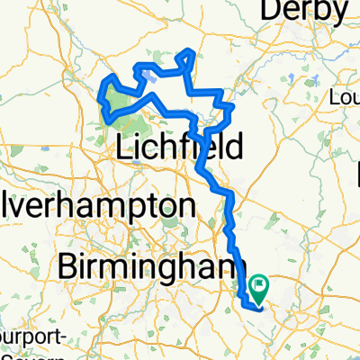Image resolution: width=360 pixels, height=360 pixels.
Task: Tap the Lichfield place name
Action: pyautogui.click(x=178, y=147)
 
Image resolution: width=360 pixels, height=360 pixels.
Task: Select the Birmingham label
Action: pyautogui.click(x=149, y=266)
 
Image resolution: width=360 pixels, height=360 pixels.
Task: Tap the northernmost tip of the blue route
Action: pyautogui.click(x=188, y=51)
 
